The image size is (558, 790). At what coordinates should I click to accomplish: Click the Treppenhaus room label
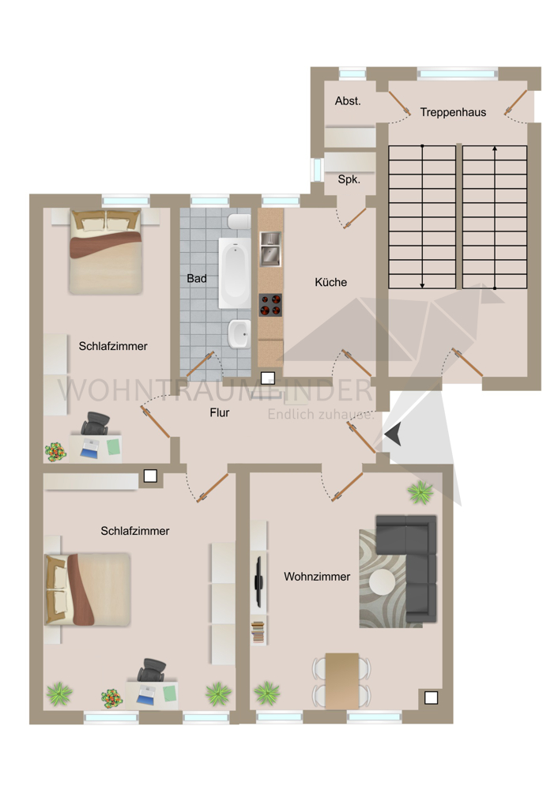point(453,112)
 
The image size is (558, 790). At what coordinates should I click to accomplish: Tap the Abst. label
point(348,101)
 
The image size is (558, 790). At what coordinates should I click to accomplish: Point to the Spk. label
point(349,179)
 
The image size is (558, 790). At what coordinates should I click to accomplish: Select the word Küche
point(330,282)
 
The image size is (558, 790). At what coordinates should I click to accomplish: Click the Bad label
point(197,279)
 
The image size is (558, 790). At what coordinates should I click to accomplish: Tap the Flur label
point(220,412)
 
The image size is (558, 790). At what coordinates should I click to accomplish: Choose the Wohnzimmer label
point(317,577)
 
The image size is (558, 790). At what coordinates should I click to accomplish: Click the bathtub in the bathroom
point(234,273)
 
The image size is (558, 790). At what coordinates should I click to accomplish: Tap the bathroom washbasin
point(237,334)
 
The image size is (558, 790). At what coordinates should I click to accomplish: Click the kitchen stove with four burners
point(270,306)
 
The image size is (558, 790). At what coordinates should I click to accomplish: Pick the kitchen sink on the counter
point(270,247)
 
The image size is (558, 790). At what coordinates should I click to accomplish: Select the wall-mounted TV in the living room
point(258,582)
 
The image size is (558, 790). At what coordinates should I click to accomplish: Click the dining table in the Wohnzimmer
point(342,679)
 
